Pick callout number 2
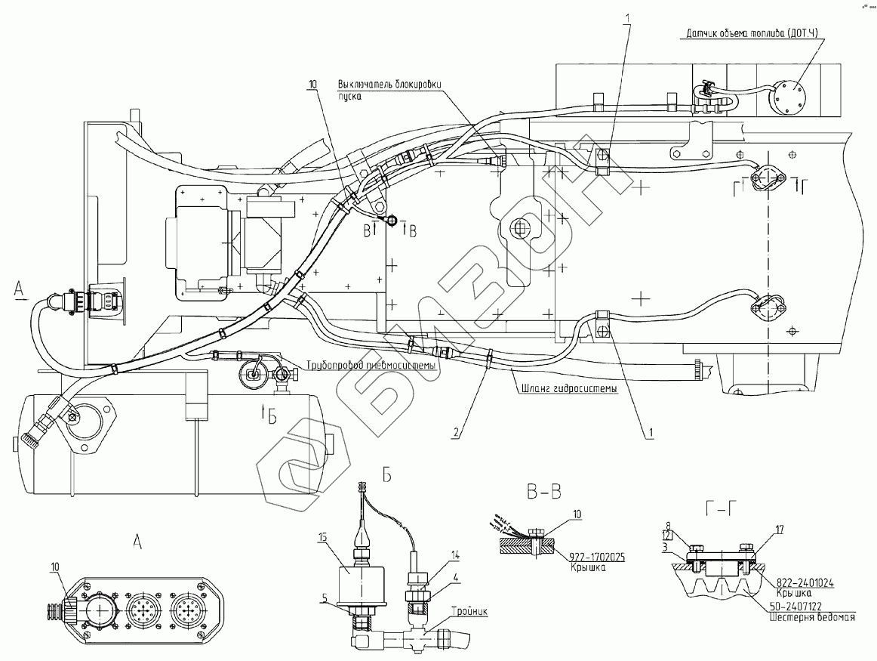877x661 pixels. tap(454, 434)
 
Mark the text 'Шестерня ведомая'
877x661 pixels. tap(809, 617)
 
